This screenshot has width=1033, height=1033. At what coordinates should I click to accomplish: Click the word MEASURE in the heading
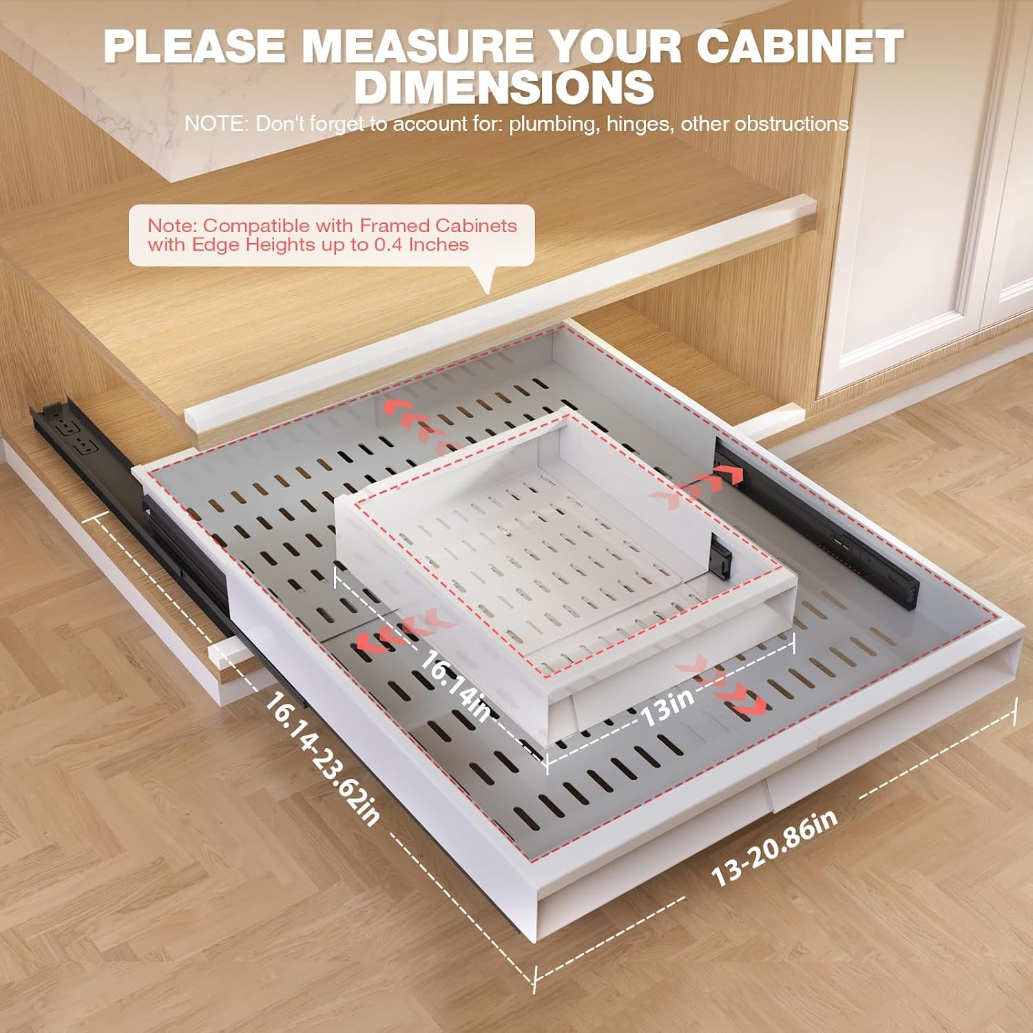(418, 47)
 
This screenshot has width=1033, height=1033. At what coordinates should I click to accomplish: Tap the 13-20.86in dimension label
(775, 848)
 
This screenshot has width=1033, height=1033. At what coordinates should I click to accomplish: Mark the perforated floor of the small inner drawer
(544, 544)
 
